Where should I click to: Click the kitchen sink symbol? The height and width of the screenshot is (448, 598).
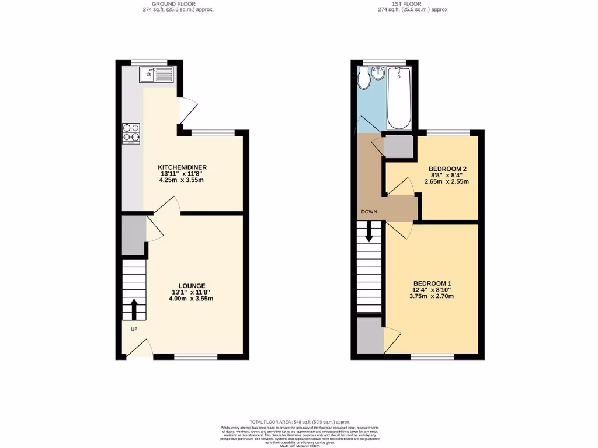click(156, 75)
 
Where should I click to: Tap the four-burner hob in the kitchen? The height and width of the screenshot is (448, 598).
click(131, 134)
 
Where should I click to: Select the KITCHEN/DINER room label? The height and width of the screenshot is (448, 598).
click(183, 167)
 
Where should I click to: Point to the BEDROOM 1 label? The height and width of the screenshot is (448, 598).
click(432, 283)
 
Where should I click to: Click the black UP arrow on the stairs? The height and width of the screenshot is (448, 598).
click(134, 310)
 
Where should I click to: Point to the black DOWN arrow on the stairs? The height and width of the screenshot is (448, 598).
click(369, 233)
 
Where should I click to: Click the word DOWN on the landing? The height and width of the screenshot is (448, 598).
click(369, 212)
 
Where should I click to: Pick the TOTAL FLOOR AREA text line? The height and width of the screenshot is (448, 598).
click(299, 421)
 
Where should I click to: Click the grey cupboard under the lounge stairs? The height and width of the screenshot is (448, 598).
click(134, 235)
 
